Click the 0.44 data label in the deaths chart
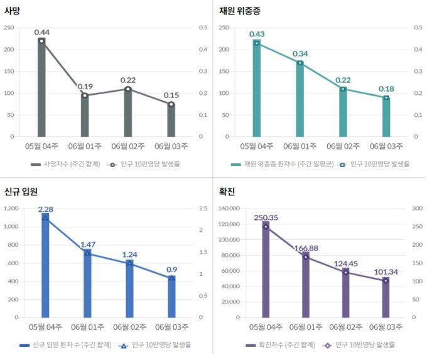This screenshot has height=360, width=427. coord(42,32)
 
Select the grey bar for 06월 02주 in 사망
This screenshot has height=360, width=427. coord(127,113)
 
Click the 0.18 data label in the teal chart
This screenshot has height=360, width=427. coord(386,89)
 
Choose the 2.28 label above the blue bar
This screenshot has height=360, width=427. coord(46,209)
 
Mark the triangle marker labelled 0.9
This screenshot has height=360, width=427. coord(172,277)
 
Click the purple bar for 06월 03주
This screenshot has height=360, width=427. coord(386,298)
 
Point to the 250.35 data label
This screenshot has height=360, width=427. coord(266,217)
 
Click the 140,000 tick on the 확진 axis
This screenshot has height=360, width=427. coord(230,209)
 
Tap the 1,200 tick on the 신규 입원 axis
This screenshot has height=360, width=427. coord(12,209)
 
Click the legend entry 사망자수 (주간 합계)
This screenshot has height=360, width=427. coord(66,165)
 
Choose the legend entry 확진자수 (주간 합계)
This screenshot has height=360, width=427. coord(281,345)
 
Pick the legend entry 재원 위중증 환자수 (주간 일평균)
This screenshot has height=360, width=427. coord(281,165)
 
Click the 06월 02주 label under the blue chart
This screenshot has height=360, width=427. coord(129,327)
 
